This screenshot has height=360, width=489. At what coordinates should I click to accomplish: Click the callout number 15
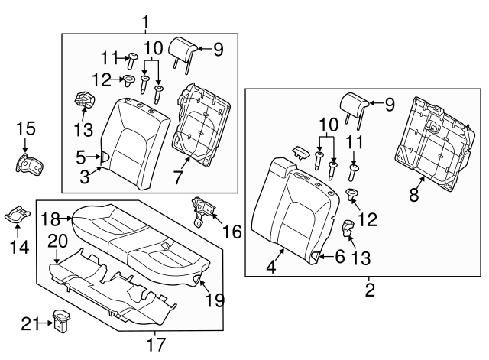point(25,128)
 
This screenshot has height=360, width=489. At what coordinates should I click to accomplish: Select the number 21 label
point(29,323)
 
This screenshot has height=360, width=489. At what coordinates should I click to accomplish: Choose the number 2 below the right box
point(369,289)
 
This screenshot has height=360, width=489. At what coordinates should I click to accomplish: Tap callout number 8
point(413,195)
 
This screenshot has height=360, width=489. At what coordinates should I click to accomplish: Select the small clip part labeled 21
point(60,319)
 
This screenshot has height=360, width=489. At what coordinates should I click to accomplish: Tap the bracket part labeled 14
point(16,215)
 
